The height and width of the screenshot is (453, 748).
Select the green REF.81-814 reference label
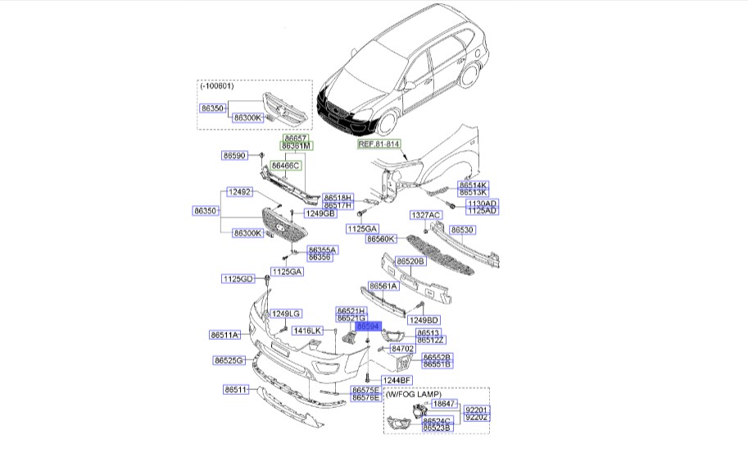coord(379,144)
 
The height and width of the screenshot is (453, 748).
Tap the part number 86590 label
coord(234,155)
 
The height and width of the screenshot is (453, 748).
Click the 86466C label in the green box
coord(287,165)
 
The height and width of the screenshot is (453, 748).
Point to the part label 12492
coord(239,193)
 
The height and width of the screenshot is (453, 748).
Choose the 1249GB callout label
coord(320,213)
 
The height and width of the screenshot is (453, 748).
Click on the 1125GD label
coord(237,279)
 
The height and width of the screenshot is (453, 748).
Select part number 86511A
coord(224,335)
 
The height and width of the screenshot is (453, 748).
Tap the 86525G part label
coord(229,360)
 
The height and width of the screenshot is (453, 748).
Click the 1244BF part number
coord(396,380)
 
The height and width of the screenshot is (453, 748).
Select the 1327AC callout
coord(426,215)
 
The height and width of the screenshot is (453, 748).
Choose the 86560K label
coord(381,239)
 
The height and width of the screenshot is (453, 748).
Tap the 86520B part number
coord(410,261)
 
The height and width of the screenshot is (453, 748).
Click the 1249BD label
coord(424,319)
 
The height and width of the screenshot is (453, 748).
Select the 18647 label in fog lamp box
coord(443,404)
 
